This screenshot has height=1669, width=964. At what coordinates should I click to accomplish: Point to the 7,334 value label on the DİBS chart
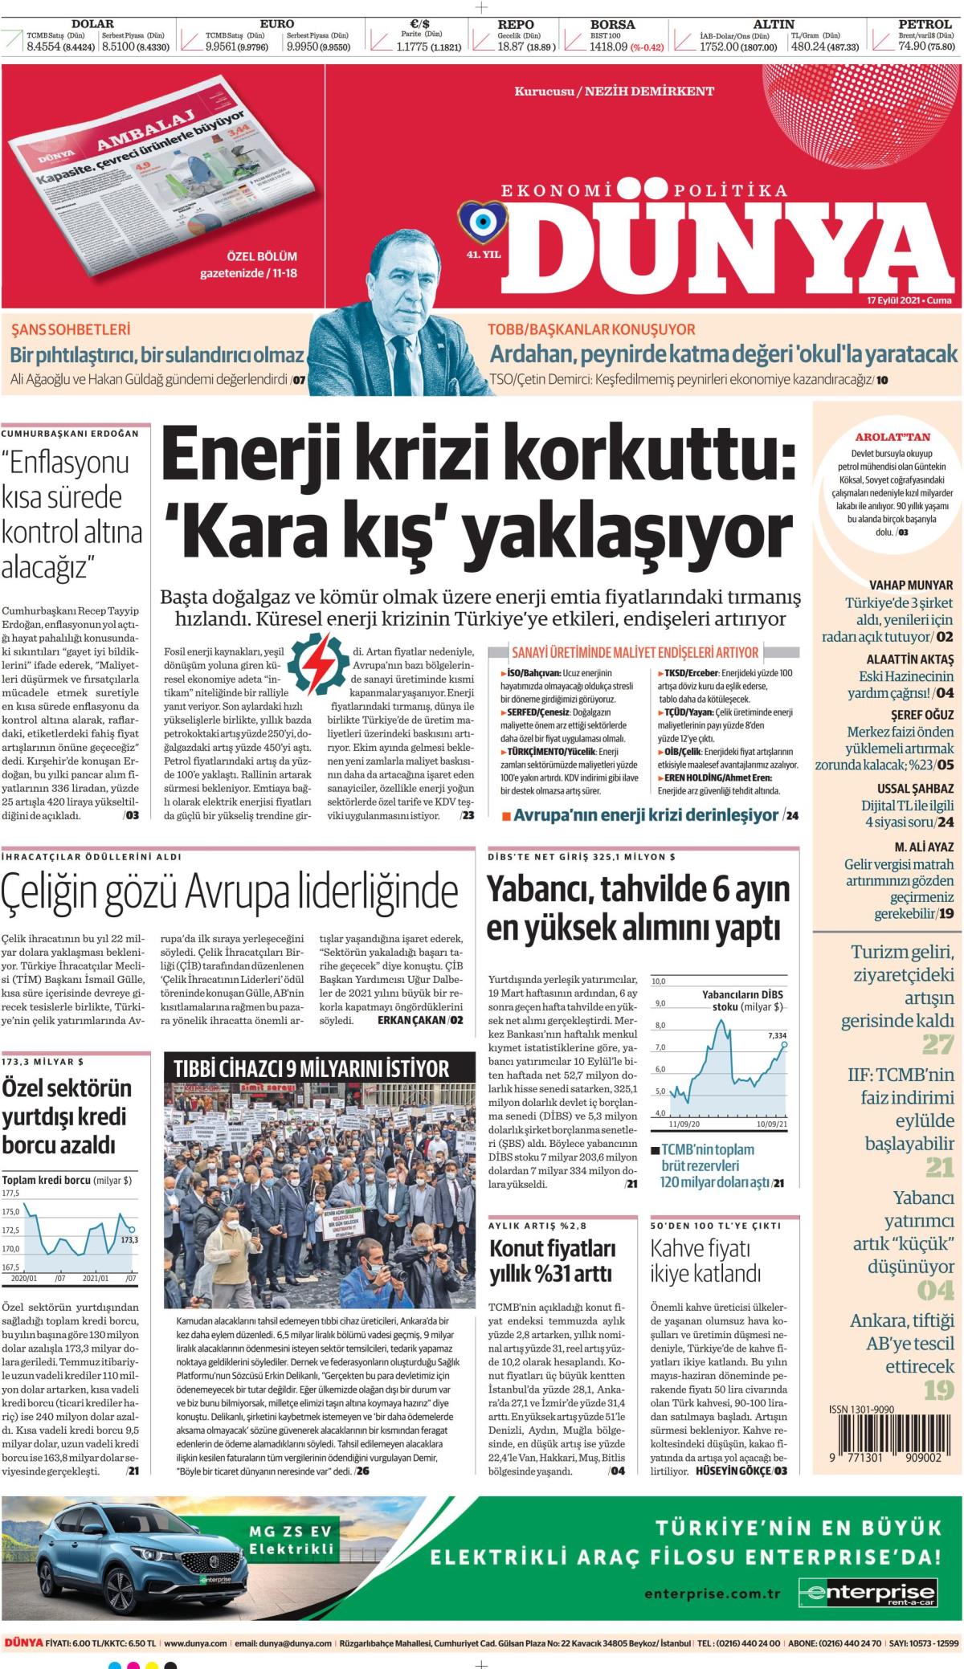(777, 1035)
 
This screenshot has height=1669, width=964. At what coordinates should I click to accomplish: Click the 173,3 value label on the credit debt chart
(129, 1240)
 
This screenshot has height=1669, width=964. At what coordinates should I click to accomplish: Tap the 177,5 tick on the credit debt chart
(11, 1194)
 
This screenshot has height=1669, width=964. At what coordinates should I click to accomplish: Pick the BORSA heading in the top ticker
(612, 24)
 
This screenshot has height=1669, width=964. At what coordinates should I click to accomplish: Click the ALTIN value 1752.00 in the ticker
(701, 47)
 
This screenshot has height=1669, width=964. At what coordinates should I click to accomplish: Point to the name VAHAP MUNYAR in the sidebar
(911, 585)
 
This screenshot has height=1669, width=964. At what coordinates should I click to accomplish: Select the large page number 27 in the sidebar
(937, 1044)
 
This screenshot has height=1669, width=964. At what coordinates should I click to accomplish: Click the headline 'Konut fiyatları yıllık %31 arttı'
(553, 1261)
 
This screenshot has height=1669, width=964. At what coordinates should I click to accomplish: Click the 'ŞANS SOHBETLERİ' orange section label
(71, 329)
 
